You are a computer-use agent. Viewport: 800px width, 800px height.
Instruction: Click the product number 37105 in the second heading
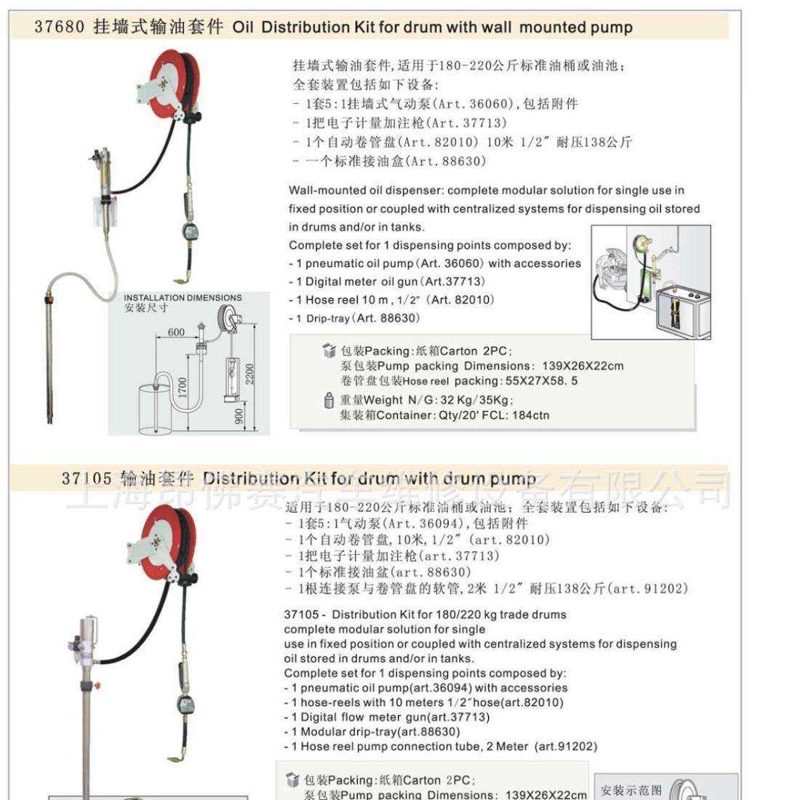pyautogui.click(x=87, y=479)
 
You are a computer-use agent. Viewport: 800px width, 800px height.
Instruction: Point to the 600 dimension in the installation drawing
pyautogui.click(x=176, y=332)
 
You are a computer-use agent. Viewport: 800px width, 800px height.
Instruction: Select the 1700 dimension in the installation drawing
pyautogui.click(x=183, y=387)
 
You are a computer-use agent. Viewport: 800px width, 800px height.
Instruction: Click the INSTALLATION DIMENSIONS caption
pyautogui.click(x=183, y=298)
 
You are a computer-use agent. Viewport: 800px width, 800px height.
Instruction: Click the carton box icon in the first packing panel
pyautogui.click(x=329, y=351)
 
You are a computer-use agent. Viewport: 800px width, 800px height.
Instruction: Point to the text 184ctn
pyautogui.click(x=529, y=416)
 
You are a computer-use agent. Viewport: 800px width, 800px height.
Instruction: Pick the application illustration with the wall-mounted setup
pyautogui.click(x=650, y=282)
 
